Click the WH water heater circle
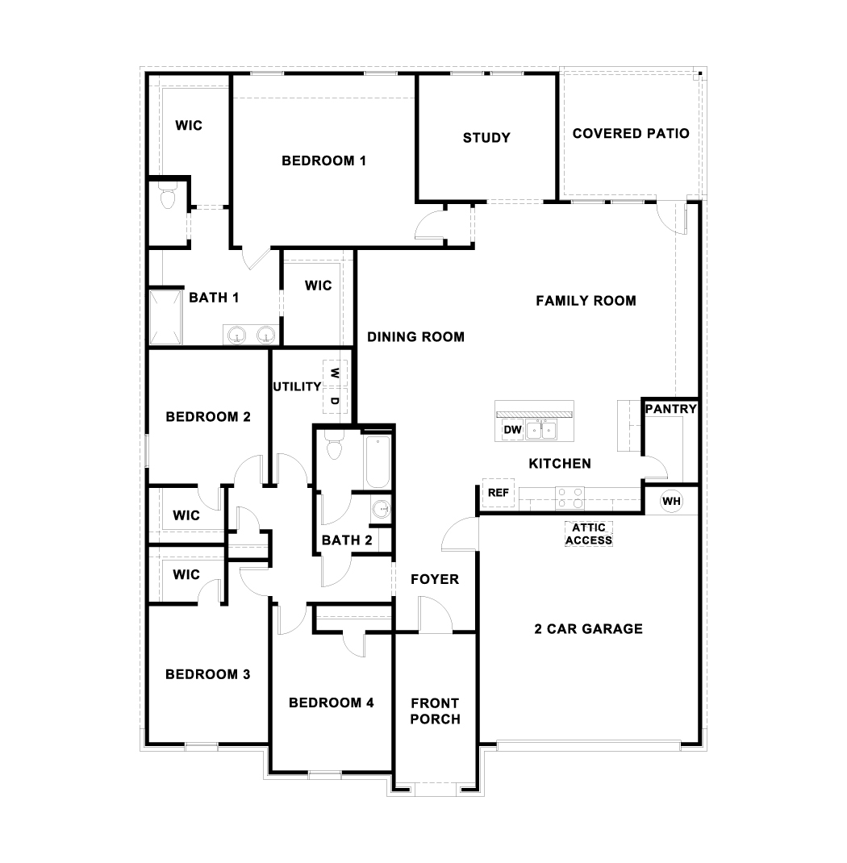(671, 501)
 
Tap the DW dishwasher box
(513, 431)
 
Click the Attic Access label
(589, 534)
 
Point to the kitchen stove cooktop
(570, 498)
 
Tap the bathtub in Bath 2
(378, 462)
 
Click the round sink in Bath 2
(381, 510)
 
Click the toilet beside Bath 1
(167, 198)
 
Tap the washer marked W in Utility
(335, 373)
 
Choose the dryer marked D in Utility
(335, 399)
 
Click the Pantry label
(670, 409)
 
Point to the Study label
(486, 138)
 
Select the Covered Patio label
(631, 133)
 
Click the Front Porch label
(435, 711)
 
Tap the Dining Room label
(415, 337)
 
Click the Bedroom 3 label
(207, 674)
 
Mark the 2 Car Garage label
(588, 629)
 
